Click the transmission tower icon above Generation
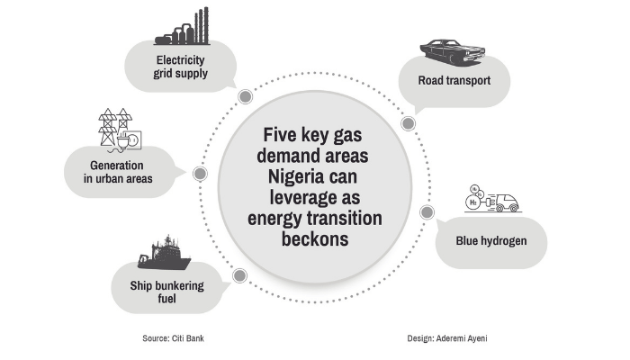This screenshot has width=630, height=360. pos(116,130)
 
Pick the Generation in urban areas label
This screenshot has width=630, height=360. pos(121,172)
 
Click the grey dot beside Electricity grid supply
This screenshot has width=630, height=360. pos(243,96)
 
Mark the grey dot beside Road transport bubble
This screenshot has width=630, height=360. pos(408,121)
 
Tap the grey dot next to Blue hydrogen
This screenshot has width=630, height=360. pos(427,212)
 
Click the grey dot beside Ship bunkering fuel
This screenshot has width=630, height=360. pos(239,276)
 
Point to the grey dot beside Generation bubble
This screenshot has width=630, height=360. pos(200,173)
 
